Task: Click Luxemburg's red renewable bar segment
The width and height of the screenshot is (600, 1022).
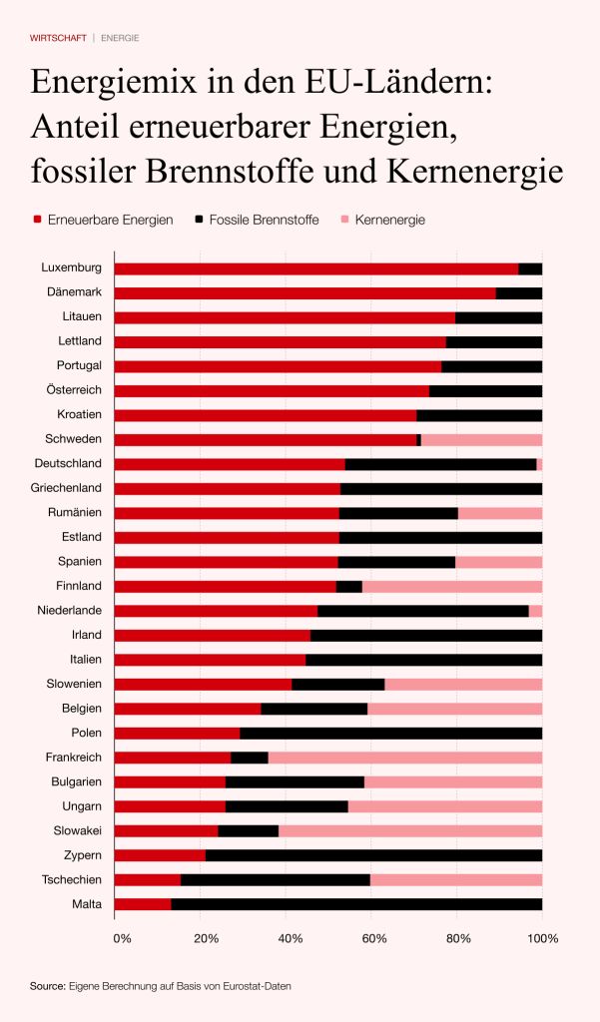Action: tap(316, 268)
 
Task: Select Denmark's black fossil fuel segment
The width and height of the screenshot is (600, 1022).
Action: tap(519, 293)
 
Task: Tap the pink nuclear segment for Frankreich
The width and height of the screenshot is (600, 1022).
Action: tap(404, 758)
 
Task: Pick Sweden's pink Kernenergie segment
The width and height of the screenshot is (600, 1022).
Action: tap(481, 439)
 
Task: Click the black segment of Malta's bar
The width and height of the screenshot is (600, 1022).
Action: tap(356, 904)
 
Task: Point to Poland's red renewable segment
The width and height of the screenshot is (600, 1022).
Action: tap(177, 734)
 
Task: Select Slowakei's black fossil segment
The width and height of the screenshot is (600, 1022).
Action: tap(248, 830)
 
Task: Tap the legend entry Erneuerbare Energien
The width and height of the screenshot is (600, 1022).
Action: tap(110, 220)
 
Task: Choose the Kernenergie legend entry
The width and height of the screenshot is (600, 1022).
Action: tap(389, 220)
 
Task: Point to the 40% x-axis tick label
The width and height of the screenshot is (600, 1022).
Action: tap(291, 939)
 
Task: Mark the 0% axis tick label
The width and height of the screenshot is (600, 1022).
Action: tap(122, 939)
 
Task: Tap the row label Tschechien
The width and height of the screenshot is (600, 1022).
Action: tap(72, 879)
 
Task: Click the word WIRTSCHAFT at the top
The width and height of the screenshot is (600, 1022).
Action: tap(58, 38)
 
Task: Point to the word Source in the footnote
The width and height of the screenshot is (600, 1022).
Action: tap(47, 986)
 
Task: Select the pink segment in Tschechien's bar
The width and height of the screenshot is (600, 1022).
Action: tap(456, 879)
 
